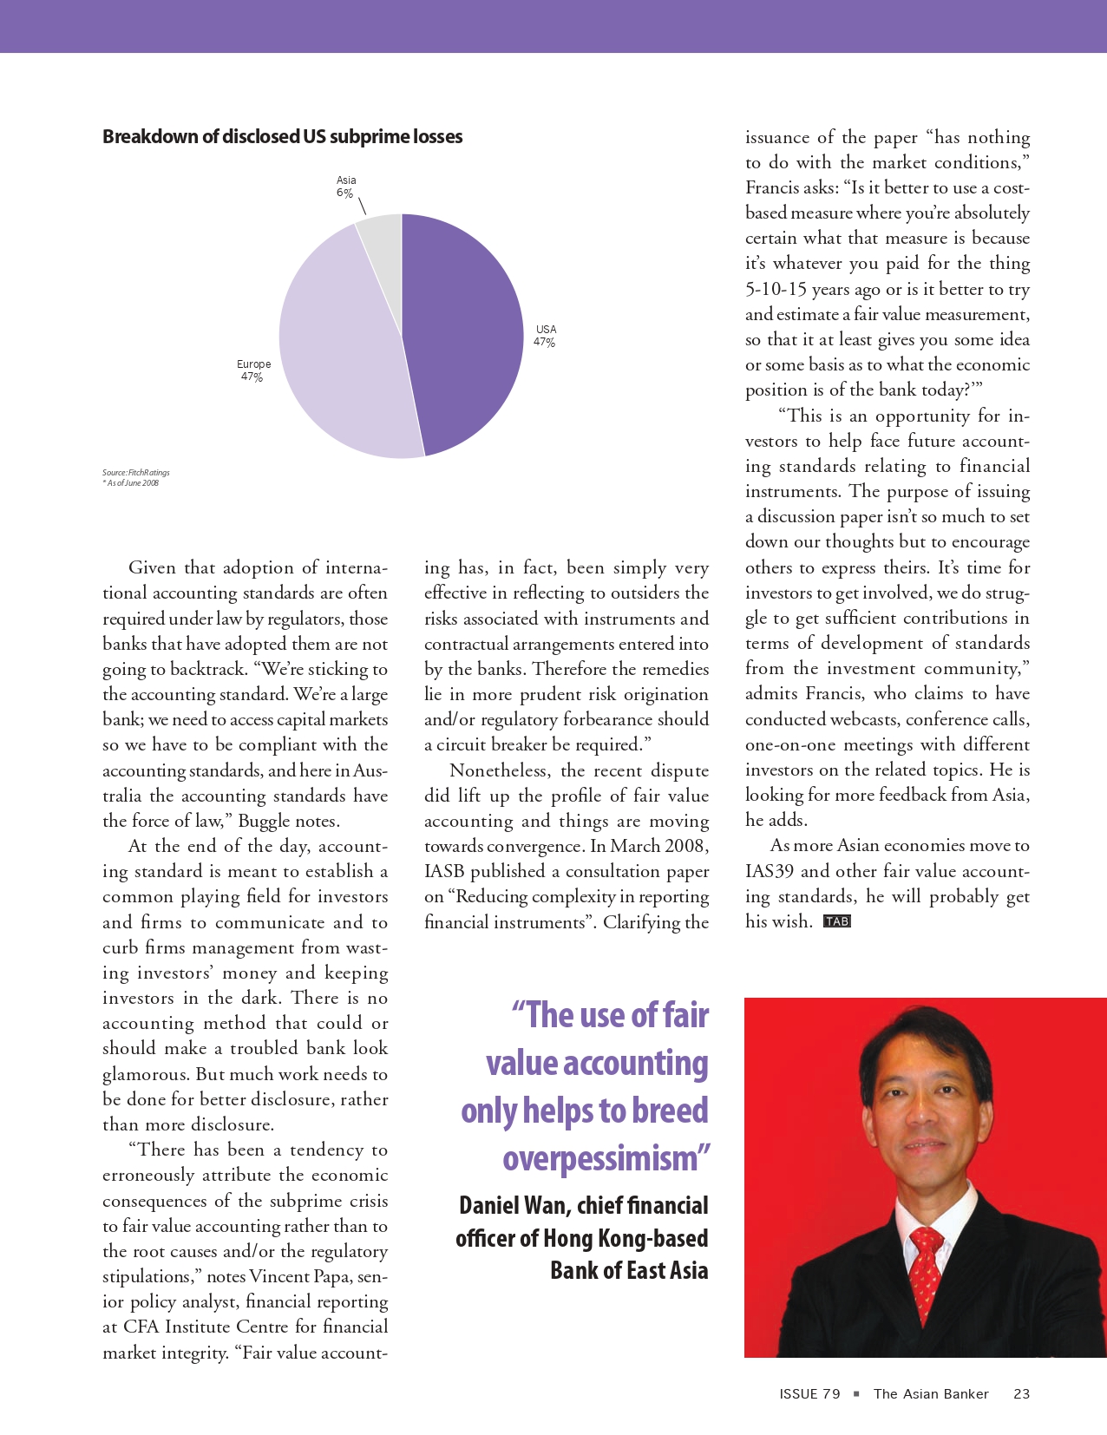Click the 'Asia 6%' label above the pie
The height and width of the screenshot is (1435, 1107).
coord(346,187)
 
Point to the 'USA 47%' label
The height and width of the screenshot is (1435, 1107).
coord(546,336)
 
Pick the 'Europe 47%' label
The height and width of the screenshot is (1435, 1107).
coord(253,370)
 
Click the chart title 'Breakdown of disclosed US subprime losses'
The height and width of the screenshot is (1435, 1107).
coord(282,137)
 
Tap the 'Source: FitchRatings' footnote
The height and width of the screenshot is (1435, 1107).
coord(136,473)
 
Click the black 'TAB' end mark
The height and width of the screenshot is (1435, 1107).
coord(837,921)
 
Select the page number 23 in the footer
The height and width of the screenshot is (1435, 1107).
coord(1021,1393)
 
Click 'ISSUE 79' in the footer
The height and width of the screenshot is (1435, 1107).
coord(809,1393)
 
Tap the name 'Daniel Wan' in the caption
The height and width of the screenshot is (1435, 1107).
coord(512,1206)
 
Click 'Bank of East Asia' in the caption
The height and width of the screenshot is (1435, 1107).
coord(629,1271)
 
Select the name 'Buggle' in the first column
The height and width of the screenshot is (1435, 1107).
coord(269,821)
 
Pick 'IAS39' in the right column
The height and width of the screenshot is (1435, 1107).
coord(769,871)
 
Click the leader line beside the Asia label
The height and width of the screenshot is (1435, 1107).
coord(363,206)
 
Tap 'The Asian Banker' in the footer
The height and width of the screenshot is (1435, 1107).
coord(931,1393)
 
